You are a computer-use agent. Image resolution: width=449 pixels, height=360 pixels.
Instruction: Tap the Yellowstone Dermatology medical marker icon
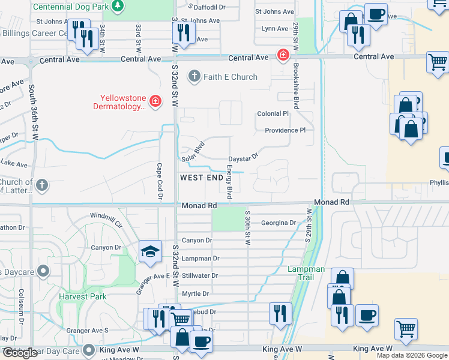tap(155, 101)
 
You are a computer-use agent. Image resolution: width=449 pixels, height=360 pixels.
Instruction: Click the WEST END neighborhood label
tap(203, 178)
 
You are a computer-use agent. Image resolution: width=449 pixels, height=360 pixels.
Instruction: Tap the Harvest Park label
tap(82, 296)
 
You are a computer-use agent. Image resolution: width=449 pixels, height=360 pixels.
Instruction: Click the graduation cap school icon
tap(149, 252)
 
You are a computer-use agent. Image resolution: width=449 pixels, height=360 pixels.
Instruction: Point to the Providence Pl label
tap(286, 130)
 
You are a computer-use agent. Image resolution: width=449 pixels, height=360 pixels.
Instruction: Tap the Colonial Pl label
tap(273, 113)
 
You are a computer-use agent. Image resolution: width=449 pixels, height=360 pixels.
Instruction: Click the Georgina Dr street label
tap(279, 223)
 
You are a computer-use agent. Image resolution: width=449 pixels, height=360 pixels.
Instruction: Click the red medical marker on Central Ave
tap(282, 55)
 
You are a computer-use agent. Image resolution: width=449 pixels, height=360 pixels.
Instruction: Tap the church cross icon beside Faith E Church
tap(194, 76)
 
